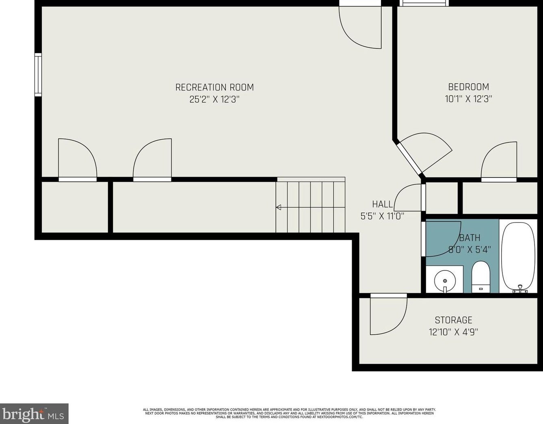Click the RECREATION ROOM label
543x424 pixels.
tap(214, 87)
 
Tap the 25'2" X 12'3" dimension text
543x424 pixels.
tap(214, 100)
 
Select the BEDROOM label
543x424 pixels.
tap(469, 87)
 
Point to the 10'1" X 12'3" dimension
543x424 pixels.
tap(469, 99)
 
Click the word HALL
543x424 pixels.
tap(382, 204)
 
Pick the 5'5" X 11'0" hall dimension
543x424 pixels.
tap(382, 216)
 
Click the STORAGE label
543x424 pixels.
tap(454, 320)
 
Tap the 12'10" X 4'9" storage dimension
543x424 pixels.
tap(454, 332)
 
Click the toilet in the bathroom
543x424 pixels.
tap(481, 277)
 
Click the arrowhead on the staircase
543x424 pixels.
tap(279, 207)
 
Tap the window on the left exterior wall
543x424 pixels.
tap(38, 75)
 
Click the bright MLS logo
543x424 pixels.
tap(34, 414)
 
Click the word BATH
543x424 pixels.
tap(470, 238)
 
